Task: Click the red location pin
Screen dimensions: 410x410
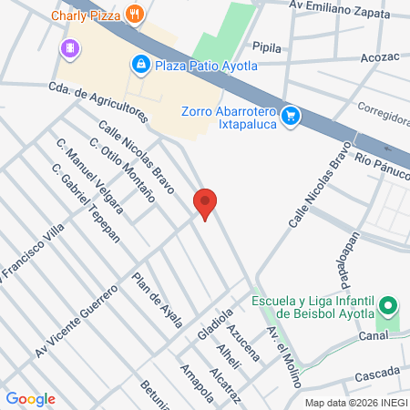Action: pyautogui.click(x=206, y=203)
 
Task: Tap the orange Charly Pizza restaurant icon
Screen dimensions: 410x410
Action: pyautogui.click(x=136, y=13)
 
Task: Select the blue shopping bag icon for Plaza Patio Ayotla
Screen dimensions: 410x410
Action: pyautogui.click(x=140, y=64)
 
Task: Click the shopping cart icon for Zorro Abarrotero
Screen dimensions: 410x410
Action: pyautogui.click(x=291, y=115)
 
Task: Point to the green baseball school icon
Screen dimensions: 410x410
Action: pyautogui.click(x=388, y=305)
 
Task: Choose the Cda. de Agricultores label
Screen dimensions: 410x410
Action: pyautogui.click(x=98, y=101)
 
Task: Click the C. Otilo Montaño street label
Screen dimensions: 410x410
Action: pyautogui.click(x=121, y=169)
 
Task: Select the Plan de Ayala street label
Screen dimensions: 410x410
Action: pyautogui.click(x=158, y=300)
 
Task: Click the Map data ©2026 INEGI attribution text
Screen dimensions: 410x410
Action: pyautogui.click(x=354, y=402)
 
